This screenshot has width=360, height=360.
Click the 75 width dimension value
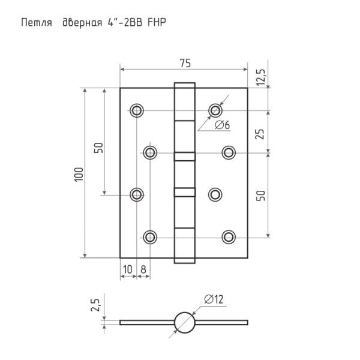pyautogui.click(x=185, y=64)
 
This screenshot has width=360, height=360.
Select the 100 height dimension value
pyautogui.click(x=79, y=175)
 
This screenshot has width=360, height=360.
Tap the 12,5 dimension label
pyautogui.click(x=261, y=77)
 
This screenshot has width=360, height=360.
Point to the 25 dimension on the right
pyautogui.click(x=260, y=134)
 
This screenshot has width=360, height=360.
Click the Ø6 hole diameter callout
pyautogui.click(x=222, y=125)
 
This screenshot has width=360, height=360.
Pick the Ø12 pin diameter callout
pyautogui.click(x=214, y=299)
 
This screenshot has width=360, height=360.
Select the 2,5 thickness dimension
pyautogui.click(x=95, y=305)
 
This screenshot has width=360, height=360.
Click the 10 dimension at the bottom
pyautogui.click(x=128, y=269)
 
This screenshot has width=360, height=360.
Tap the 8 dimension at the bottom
pyautogui.click(x=143, y=269)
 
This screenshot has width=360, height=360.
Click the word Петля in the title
pyautogui.click(x=37, y=23)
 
